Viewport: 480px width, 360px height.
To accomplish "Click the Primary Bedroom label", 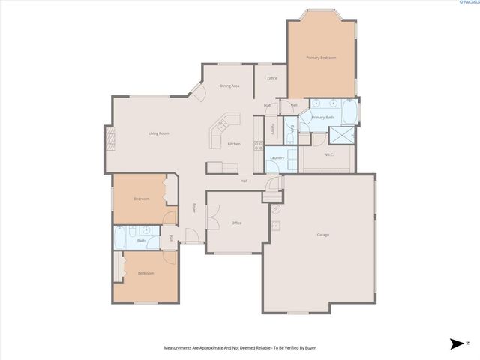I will [x=321, y=58].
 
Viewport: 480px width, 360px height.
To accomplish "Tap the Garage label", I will [x=322, y=235].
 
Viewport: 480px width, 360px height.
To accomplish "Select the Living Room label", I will [x=158, y=133].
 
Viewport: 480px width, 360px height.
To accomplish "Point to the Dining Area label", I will [x=229, y=86].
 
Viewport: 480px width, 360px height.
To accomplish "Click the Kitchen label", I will [x=233, y=144].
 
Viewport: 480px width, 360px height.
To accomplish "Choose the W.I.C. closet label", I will [x=328, y=155].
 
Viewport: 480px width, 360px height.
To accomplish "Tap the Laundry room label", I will [x=276, y=158].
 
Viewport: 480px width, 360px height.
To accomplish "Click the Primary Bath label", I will [x=322, y=118].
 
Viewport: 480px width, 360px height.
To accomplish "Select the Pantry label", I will [x=271, y=129].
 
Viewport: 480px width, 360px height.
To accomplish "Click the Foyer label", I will [x=193, y=207].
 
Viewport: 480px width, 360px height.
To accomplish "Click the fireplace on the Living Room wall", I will [x=109, y=139].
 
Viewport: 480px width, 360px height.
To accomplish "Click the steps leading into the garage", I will [x=270, y=196].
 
